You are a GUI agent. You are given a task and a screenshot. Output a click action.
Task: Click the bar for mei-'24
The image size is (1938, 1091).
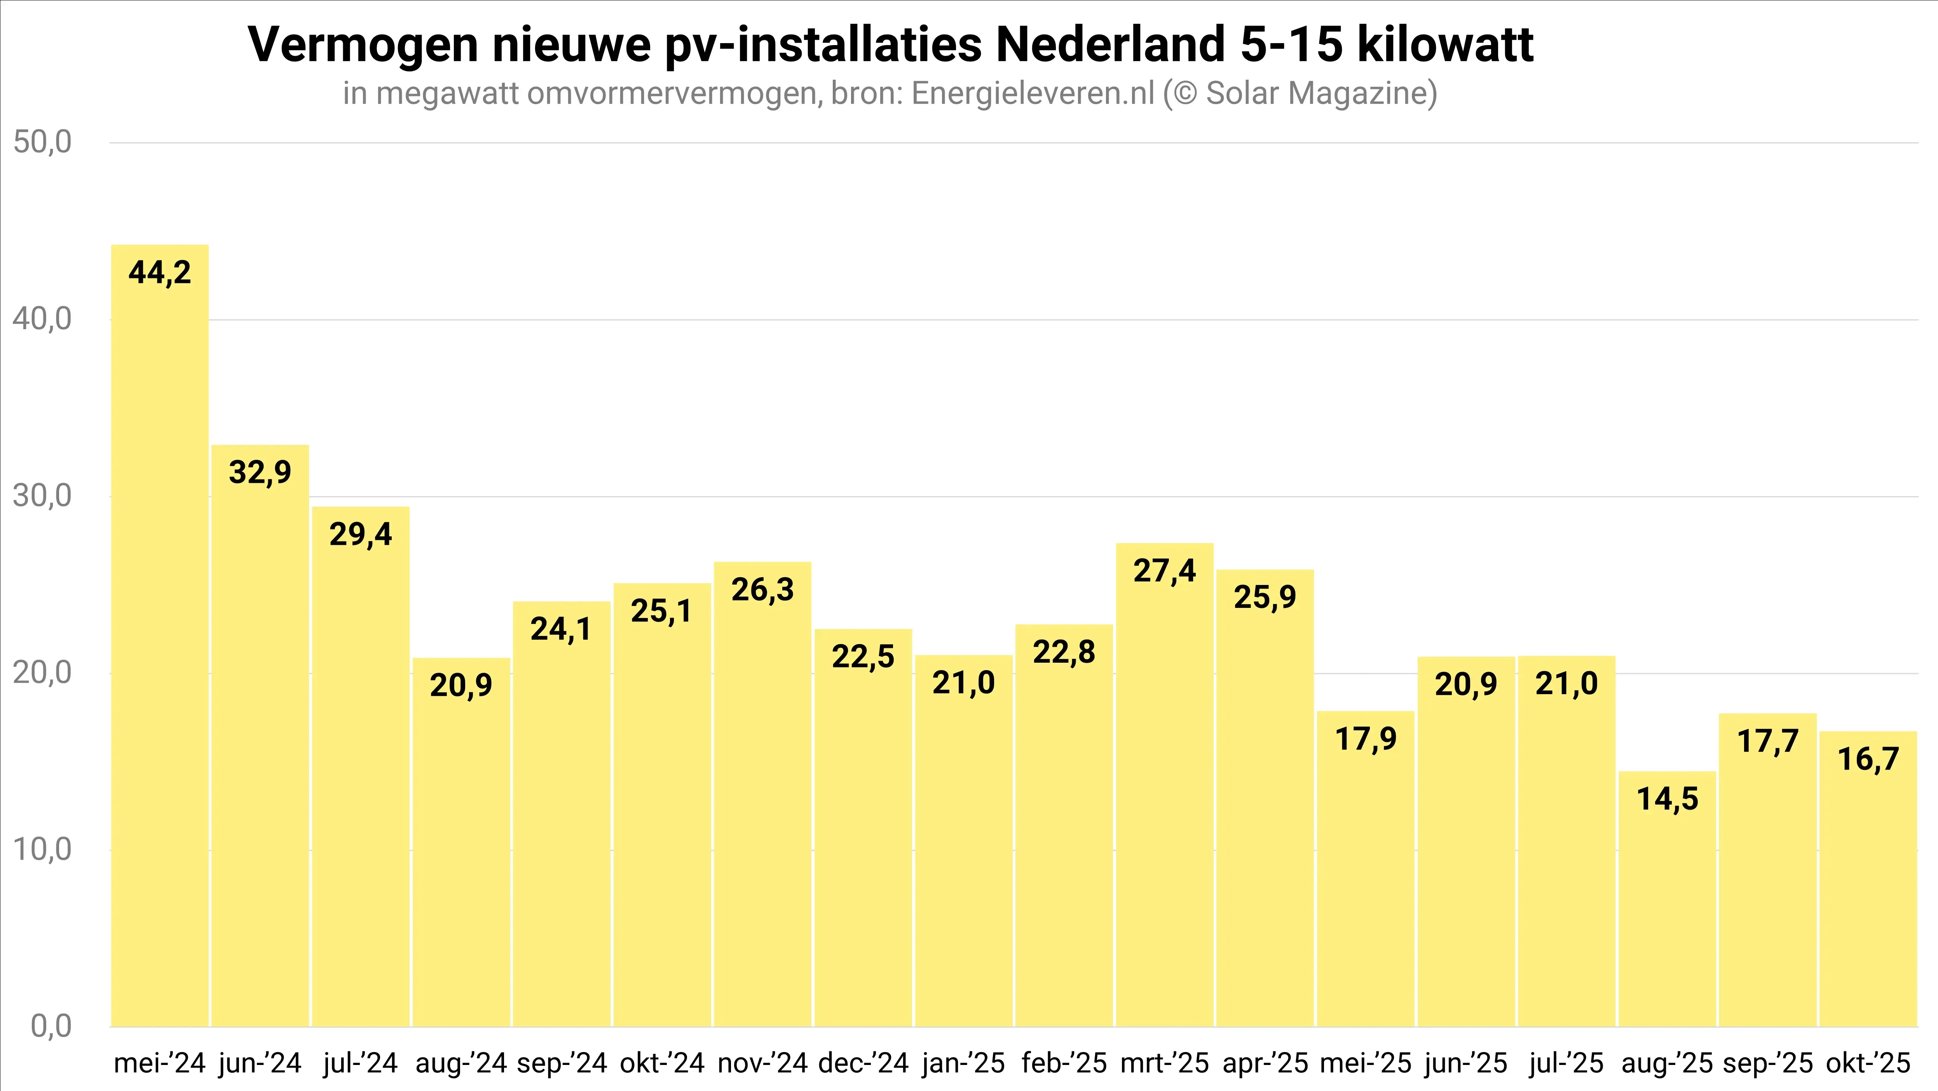(159, 636)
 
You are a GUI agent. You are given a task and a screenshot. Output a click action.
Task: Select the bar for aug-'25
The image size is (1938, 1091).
(1667, 899)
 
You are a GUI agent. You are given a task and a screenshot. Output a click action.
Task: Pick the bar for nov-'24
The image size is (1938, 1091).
(762, 794)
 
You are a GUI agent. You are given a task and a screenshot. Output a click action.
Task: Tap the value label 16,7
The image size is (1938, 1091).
(1868, 759)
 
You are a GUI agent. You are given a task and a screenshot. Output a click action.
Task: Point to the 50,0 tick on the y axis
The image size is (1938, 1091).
(42, 142)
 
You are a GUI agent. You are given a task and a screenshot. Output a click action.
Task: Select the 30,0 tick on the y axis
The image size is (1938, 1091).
(42, 496)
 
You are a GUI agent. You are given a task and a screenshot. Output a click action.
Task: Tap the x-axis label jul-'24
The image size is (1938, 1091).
(360, 1063)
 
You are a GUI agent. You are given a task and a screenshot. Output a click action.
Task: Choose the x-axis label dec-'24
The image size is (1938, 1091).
(863, 1063)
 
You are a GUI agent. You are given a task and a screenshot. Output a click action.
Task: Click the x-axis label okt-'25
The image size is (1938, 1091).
(1868, 1063)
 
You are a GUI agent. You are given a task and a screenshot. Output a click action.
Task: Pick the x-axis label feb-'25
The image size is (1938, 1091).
(1064, 1063)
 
